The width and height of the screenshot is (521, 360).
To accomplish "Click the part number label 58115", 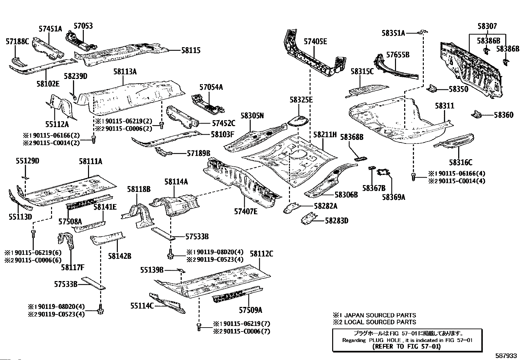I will click(x=191, y=50).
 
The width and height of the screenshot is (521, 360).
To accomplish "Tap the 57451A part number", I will click(x=50, y=28).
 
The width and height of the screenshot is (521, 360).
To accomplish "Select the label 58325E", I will click(x=301, y=100).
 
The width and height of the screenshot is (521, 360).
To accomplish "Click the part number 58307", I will click(x=487, y=26).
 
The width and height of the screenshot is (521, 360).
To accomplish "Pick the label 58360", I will click(x=504, y=115).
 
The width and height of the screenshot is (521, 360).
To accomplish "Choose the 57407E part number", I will click(x=246, y=211).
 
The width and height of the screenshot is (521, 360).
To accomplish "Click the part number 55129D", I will click(x=27, y=161).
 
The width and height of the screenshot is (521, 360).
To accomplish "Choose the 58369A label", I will click(x=394, y=197).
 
